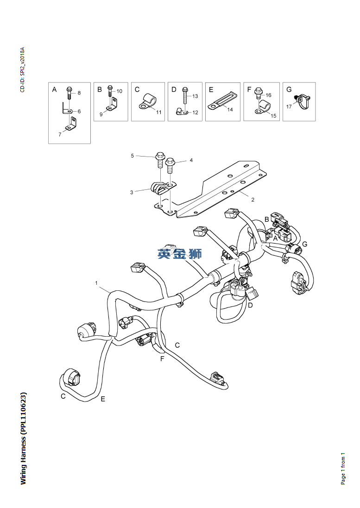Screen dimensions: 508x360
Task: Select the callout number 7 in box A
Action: pos(59,134)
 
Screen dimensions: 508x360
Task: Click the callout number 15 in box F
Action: pos(273,116)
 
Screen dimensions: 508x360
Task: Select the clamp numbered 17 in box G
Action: pos(301,101)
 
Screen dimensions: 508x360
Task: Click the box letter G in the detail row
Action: pos(289,89)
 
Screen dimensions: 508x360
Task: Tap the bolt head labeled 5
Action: pos(160,157)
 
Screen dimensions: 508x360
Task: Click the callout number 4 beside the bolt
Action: pos(191,160)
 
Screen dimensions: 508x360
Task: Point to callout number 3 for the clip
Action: pos(132,192)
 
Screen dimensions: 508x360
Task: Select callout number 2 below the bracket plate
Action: pos(253,200)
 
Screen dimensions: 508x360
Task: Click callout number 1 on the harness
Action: pos(96,282)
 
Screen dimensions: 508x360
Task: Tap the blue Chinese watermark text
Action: pos(179,253)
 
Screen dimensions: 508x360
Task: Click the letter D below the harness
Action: pos(250,306)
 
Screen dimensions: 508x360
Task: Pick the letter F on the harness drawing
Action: pos(162,359)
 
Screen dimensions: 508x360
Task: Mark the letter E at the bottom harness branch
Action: pos(103,399)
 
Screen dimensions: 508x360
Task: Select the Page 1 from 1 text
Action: pos(343,468)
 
